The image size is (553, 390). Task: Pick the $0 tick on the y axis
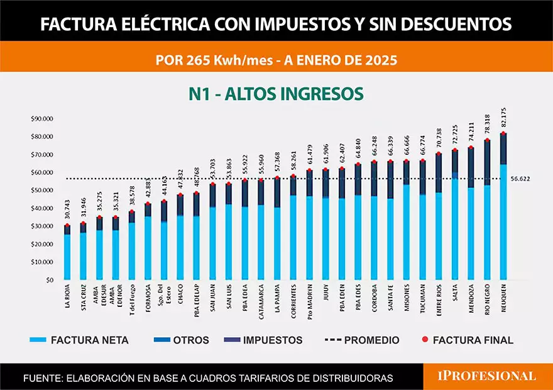coord(49,280)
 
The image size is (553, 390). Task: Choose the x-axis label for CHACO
coord(180,295)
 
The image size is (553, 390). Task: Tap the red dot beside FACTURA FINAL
coord(424,340)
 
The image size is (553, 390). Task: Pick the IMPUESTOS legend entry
coord(273,340)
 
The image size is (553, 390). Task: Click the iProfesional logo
coord(487,376)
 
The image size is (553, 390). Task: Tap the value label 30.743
coord(67,211)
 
